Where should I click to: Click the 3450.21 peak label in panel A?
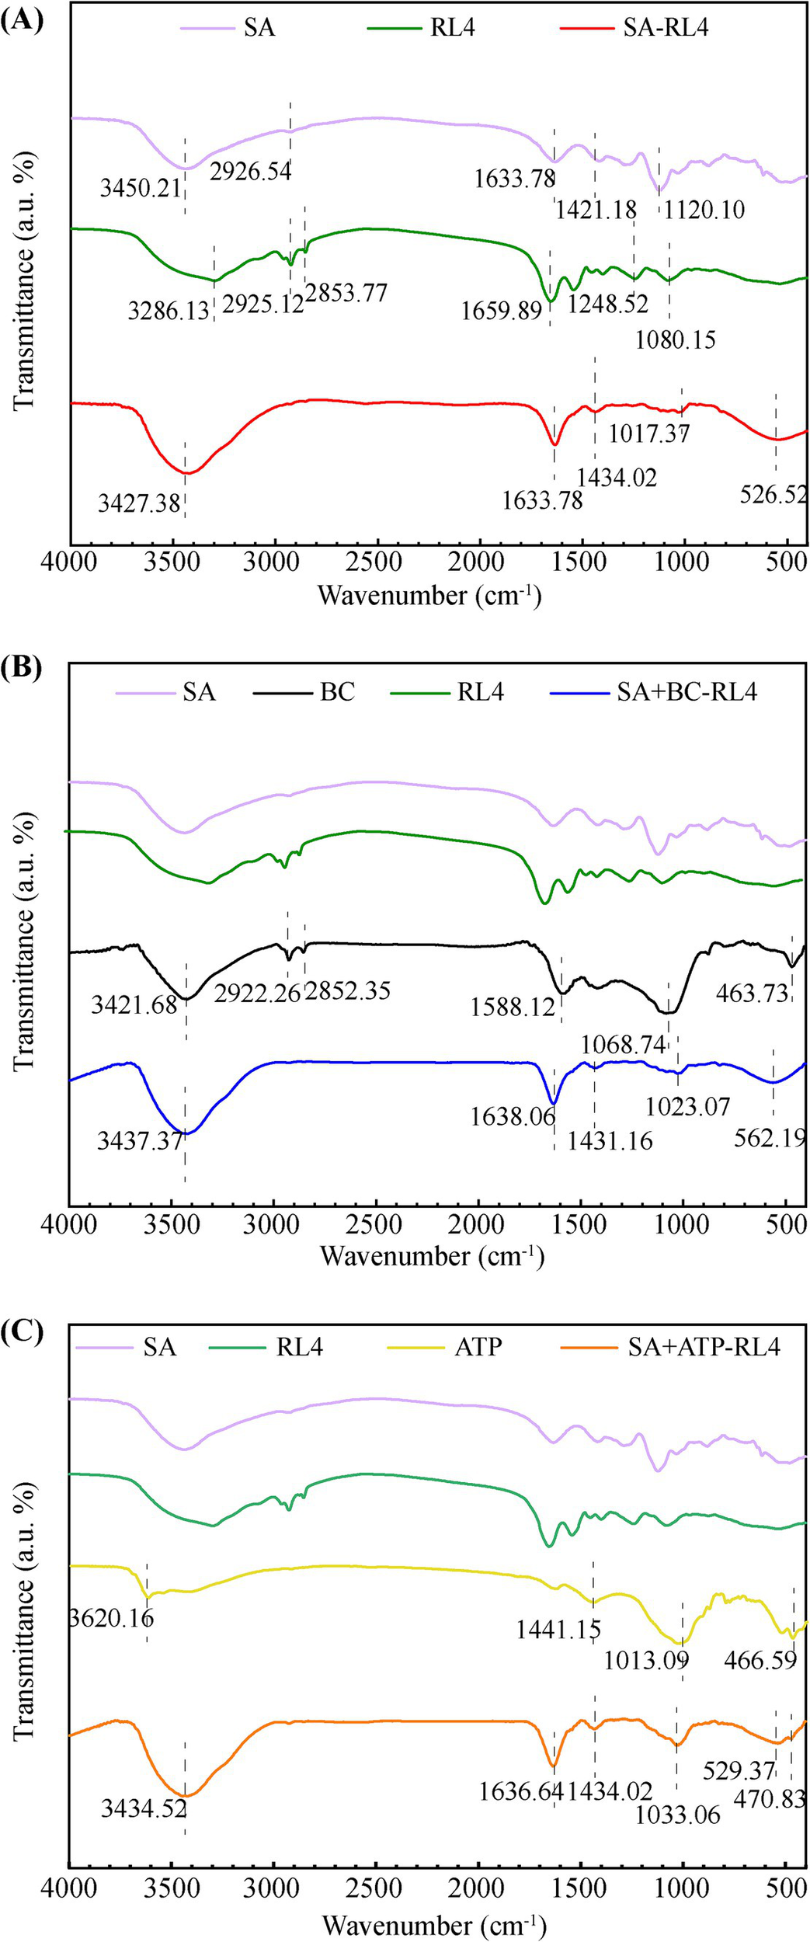tap(141, 187)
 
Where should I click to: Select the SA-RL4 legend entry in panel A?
tap(666, 29)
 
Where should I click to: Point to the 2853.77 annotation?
tap(346, 293)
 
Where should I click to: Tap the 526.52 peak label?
tap(774, 494)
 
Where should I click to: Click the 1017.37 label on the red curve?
tap(648, 433)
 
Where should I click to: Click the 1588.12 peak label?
tap(513, 1008)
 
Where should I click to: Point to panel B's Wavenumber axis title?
tap(432, 1256)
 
